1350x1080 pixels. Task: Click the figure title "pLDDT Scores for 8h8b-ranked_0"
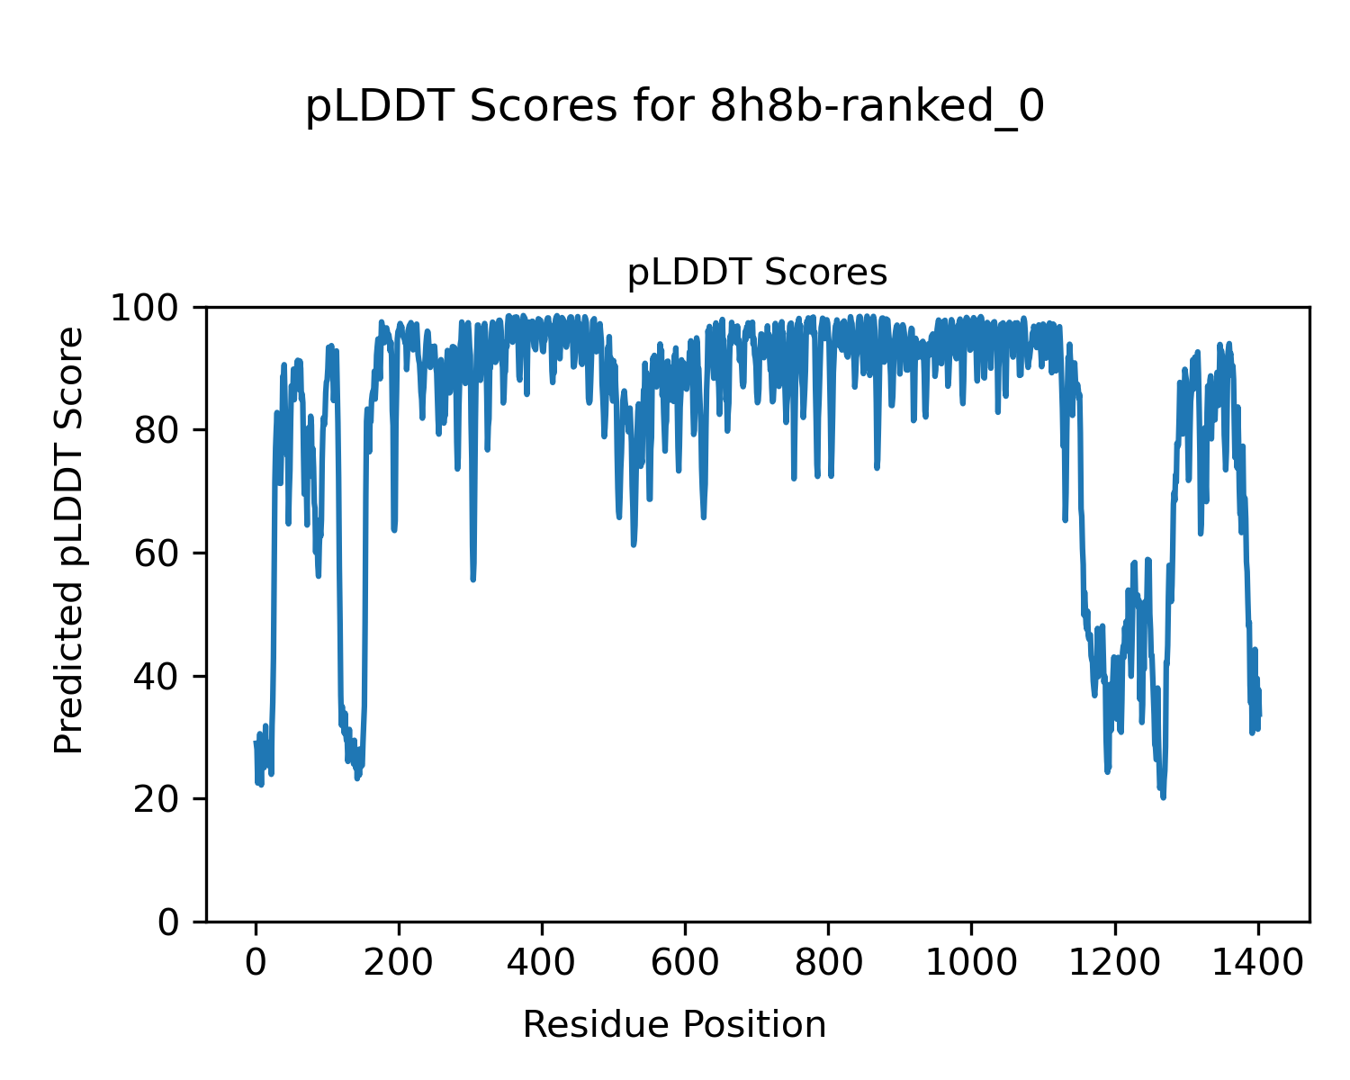tap(674, 107)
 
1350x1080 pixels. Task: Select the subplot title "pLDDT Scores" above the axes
tap(757, 273)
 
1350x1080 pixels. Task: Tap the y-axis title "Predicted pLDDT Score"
tap(69, 540)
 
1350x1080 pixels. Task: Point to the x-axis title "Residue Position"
tap(674, 1024)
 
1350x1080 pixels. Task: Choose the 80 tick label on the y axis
tap(160, 431)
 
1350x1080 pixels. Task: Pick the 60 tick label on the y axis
tap(160, 554)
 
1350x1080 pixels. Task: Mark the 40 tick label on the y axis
tap(160, 677)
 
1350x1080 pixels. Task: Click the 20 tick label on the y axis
tap(160, 800)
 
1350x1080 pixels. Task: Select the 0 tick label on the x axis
tap(256, 963)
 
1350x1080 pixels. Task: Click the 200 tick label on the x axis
tap(399, 963)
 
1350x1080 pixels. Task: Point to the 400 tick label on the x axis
tap(542, 963)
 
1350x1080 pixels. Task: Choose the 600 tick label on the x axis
tap(685, 963)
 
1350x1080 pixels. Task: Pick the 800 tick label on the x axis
tap(828, 963)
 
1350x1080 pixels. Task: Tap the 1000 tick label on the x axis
tap(971, 963)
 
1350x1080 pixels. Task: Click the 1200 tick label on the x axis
tap(1114, 963)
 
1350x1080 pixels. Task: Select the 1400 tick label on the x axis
tap(1257, 963)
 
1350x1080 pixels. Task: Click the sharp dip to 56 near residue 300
tap(472, 579)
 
